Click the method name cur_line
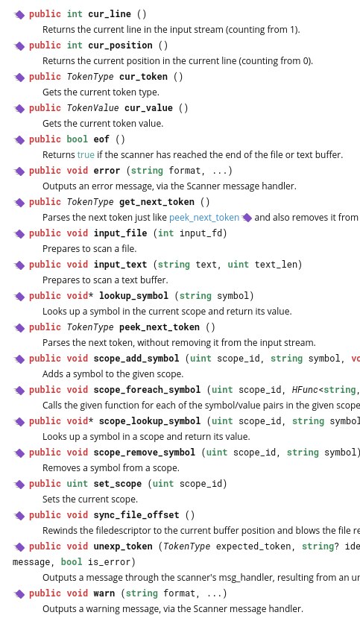click(110, 14)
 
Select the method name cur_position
click(120, 45)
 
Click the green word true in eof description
click(86, 154)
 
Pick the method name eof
click(101, 139)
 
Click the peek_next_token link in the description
click(204, 217)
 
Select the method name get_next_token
click(157, 202)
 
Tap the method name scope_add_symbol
click(136, 359)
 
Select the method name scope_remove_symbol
click(145, 453)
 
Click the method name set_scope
click(117, 484)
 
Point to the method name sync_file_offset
click(136, 515)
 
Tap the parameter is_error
click(104, 562)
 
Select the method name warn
click(104, 593)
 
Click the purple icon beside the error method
click(19, 171)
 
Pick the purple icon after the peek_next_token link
click(247, 218)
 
